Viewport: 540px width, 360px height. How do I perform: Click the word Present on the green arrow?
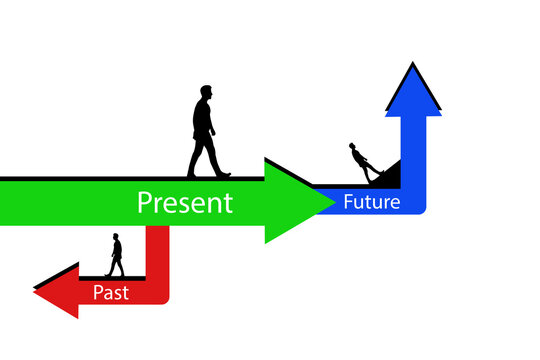(x=185, y=203)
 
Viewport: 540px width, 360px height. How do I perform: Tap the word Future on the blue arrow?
(x=371, y=202)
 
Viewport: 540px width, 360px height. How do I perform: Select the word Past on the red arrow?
(x=111, y=292)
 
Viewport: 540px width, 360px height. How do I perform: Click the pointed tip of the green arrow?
(x=331, y=201)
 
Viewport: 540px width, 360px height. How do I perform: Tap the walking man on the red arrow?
(x=116, y=255)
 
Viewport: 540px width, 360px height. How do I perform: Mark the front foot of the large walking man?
(x=223, y=174)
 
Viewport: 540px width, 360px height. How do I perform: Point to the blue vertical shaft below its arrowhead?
(x=414, y=150)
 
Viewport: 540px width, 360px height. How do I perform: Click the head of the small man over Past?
(x=116, y=237)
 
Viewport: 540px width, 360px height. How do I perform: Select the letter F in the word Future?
(x=349, y=202)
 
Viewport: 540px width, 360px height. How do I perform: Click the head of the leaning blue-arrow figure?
(x=353, y=147)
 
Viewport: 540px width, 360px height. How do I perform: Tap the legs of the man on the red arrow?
(x=116, y=267)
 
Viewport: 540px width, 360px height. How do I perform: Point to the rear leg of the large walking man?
(x=195, y=160)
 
